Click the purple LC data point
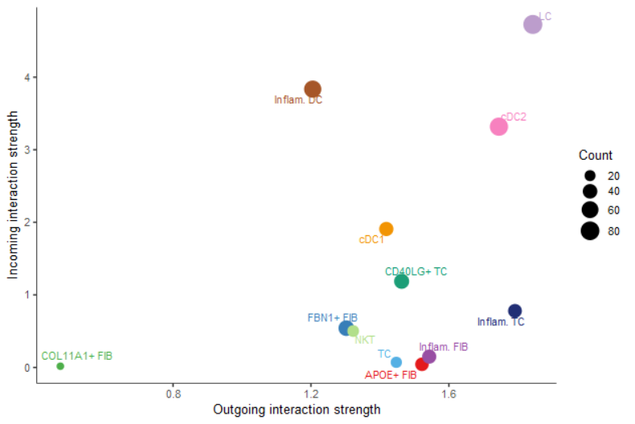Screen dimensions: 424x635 click(532, 24)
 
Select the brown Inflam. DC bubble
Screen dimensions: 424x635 click(313, 89)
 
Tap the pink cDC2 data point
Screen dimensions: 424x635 click(499, 126)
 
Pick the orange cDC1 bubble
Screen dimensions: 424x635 click(386, 229)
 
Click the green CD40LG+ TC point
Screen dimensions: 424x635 click(401, 281)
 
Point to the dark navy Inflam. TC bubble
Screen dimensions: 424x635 click(514, 311)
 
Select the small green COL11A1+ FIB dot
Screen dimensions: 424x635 click(60, 366)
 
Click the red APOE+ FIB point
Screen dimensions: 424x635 click(421, 365)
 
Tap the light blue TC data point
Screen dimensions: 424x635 click(396, 362)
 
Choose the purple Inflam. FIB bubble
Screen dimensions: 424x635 click(429, 357)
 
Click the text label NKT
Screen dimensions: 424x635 click(365, 340)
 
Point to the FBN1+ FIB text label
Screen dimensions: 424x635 click(331, 317)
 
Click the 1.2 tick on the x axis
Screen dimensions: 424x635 click(311, 394)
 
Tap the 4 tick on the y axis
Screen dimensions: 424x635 click(26, 77)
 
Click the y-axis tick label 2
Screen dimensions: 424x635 click(26, 222)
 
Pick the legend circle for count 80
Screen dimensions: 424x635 click(590, 231)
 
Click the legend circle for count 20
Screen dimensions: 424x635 click(590, 176)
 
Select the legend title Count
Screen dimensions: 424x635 click(596, 156)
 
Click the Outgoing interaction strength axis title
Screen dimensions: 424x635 click(297, 410)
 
